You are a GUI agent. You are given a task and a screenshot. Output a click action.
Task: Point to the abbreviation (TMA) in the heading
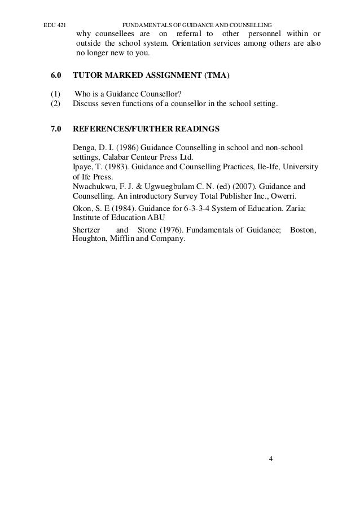(x=214, y=74)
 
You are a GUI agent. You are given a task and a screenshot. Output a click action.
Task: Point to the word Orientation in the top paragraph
(x=197, y=44)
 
